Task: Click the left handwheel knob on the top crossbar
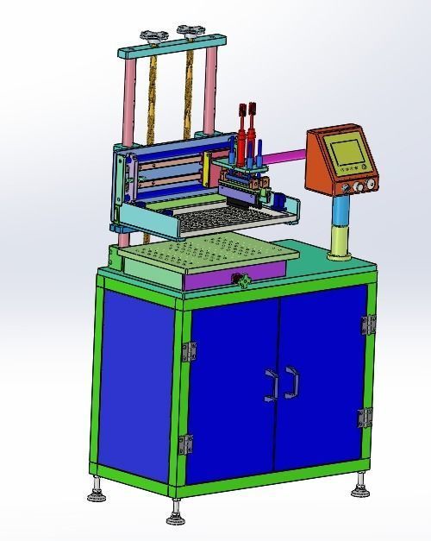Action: click(154, 35)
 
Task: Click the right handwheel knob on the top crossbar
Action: click(189, 32)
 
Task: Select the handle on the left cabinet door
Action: click(272, 384)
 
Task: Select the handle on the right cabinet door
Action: click(291, 382)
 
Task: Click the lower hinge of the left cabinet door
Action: click(186, 444)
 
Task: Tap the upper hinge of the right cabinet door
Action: click(369, 324)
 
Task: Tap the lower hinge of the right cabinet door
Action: click(365, 418)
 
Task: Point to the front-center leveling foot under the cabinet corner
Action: click(177, 515)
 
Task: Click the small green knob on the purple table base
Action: click(243, 279)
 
